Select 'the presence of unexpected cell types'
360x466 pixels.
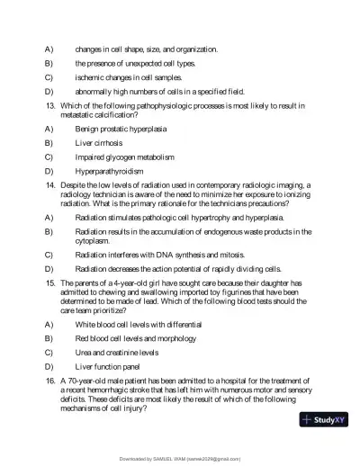click(135, 63)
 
